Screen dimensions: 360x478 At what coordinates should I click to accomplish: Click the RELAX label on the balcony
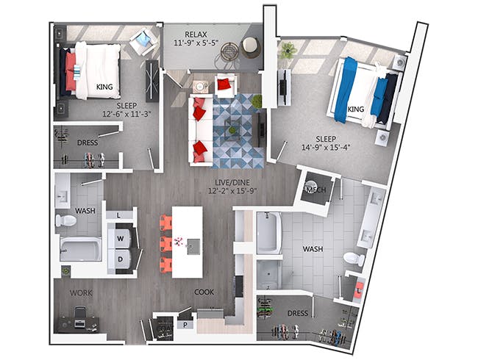tap(195, 34)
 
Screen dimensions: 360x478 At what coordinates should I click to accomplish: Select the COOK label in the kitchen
tap(204, 292)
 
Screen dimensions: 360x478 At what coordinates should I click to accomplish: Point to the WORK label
tap(81, 292)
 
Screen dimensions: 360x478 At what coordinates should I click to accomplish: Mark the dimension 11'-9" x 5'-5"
tap(195, 44)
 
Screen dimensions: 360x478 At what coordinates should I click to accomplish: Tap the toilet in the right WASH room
tap(354, 259)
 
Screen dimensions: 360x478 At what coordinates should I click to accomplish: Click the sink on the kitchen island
tap(193, 245)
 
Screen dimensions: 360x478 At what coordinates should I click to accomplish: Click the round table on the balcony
tap(231, 51)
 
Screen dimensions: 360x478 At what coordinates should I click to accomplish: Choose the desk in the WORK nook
tap(81, 321)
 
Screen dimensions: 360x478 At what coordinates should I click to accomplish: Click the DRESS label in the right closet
tap(297, 313)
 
